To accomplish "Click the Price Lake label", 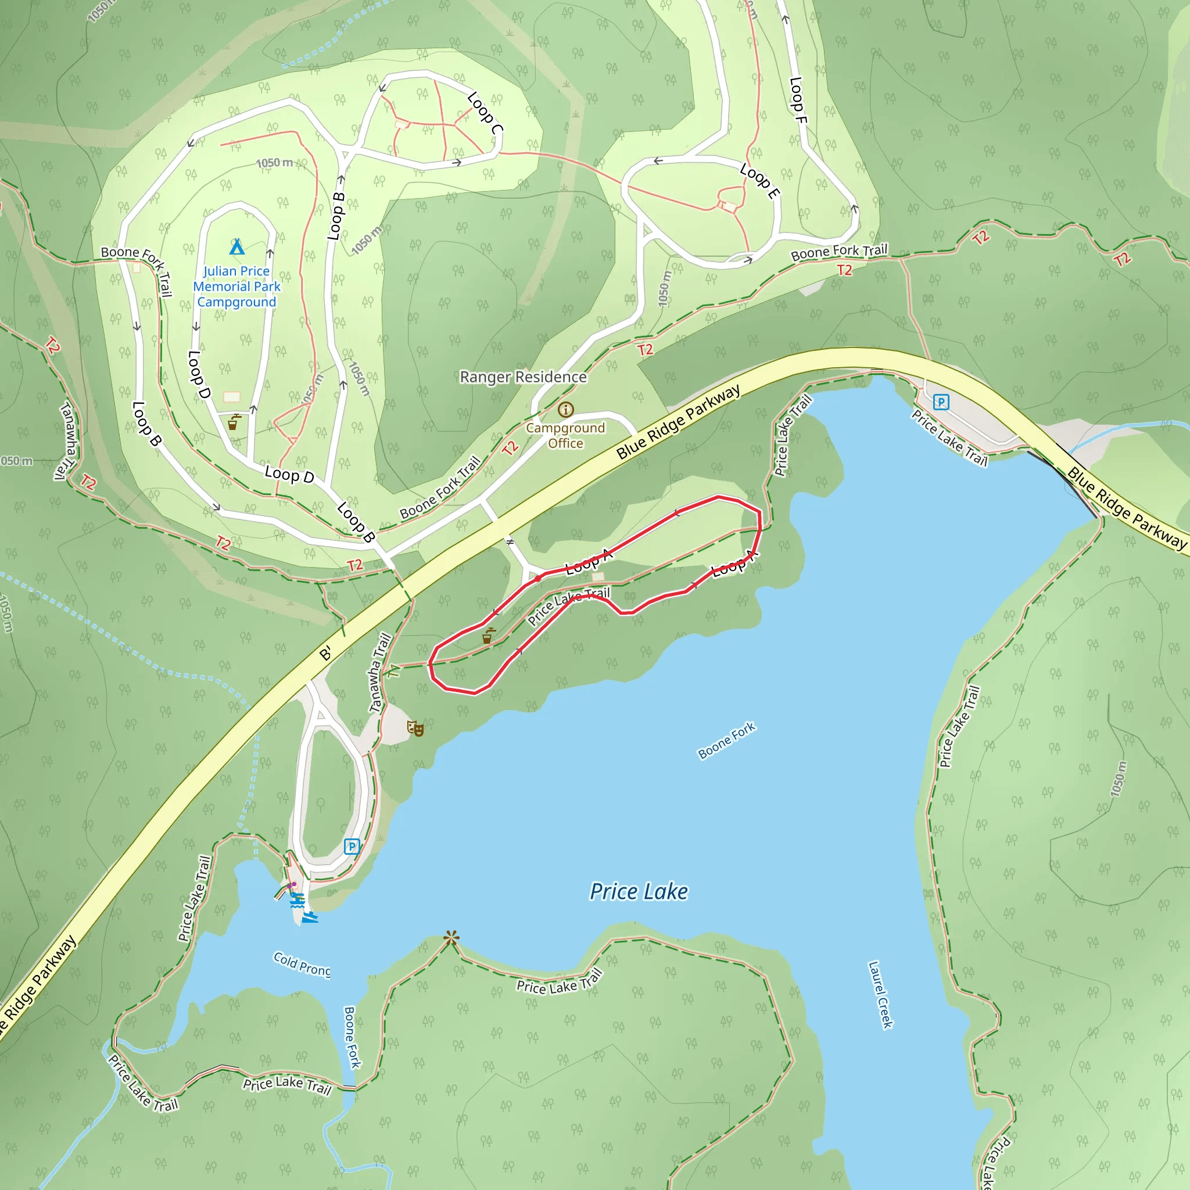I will tap(639, 892).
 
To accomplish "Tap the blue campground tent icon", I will tap(236, 247).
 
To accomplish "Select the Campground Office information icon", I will tap(565, 410).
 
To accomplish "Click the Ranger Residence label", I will tap(523, 377).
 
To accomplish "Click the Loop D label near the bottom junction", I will tap(289, 475).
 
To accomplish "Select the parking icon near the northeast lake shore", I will tap(941, 402).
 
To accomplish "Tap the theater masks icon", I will tap(415, 729).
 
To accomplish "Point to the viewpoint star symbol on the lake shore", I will tap(451, 938).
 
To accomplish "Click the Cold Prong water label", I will tap(302, 964).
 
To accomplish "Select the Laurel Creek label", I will tap(880, 995).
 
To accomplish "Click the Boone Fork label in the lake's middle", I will tap(726, 740).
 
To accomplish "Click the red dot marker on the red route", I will tap(537, 578).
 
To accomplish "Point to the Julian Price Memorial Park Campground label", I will tap(236, 286).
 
